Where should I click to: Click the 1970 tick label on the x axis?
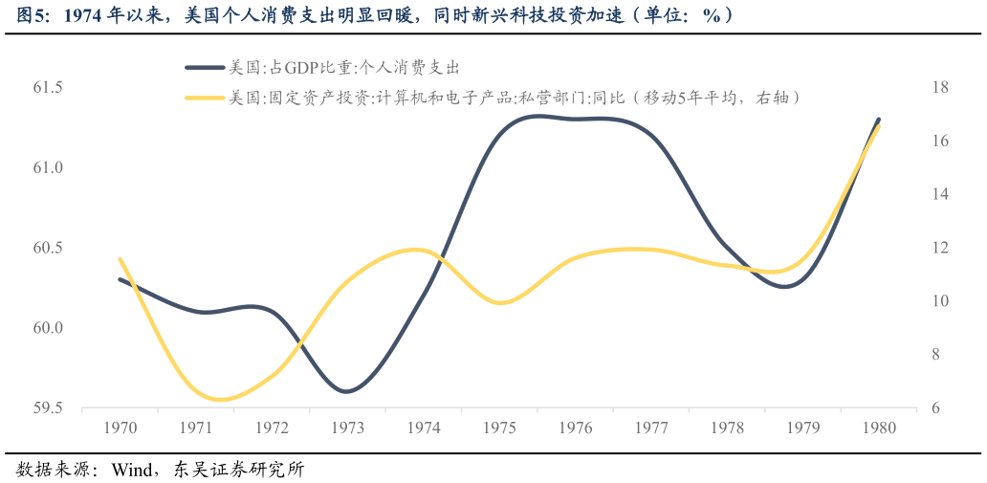121,428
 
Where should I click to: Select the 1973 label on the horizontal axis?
348,428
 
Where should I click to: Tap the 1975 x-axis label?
499,428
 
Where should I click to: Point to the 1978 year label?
727,428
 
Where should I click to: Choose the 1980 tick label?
878,428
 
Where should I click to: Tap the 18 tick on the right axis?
939,87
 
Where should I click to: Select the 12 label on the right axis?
939,248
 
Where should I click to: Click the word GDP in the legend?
300,67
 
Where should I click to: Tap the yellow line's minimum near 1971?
222,399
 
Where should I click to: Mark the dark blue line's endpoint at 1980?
878,120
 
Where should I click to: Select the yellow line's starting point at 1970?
120,258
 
